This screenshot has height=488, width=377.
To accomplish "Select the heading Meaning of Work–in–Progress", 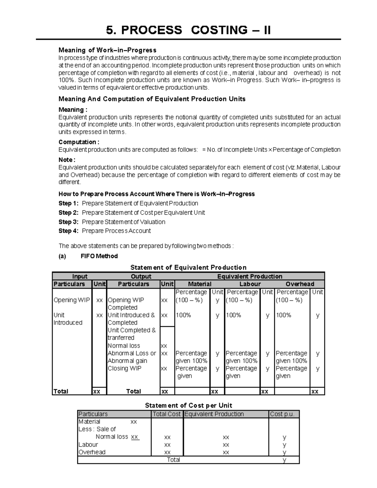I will [107, 50].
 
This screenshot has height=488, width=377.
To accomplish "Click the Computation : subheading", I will [79, 142].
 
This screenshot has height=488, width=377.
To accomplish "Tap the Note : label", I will [67, 160].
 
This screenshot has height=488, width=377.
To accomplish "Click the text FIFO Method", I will [99, 256].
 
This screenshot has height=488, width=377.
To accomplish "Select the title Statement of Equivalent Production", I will [188, 267].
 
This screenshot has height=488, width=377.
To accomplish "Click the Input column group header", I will [80, 277].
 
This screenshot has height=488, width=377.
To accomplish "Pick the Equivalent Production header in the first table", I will [250, 277].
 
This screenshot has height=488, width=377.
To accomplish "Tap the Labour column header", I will [250, 284].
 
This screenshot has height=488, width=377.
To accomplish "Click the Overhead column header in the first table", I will [300, 284].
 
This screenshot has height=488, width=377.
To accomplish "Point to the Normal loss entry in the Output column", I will [124, 346].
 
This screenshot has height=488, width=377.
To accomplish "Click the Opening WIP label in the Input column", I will [72, 300].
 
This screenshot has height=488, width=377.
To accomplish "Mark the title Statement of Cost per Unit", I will [188, 405].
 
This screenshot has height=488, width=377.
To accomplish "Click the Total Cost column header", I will [167, 414].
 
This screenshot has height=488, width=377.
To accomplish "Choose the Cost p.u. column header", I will [282, 414].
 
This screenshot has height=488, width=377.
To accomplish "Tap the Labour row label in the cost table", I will [88, 445].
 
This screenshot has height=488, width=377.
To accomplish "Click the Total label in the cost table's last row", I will [173, 460].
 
